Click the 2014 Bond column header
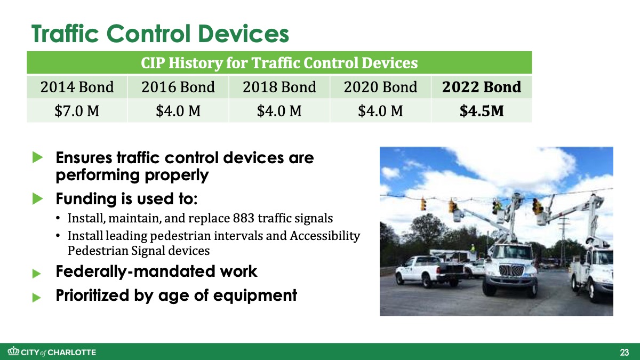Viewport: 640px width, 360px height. tap(77, 87)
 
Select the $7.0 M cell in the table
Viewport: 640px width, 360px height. tap(77, 111)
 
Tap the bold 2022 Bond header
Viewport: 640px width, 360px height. tap(482, 87)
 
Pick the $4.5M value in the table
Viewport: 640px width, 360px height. tap(482, 111)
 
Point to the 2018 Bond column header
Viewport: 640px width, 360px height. tap(279, 87)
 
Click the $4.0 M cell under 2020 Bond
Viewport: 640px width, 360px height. tap(381, 111)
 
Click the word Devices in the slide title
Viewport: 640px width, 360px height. tap(243, 34)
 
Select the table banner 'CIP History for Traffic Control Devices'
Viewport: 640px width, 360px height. tap(279, 63)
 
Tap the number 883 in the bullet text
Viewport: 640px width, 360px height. tap(244, 218)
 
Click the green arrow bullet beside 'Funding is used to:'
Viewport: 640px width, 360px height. tap(37, 198)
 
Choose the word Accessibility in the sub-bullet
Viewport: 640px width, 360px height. tap(325, 236)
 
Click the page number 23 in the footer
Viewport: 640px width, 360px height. tap(625, 353)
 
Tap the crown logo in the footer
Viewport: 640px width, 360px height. tap(13, 351)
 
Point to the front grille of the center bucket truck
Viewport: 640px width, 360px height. tap(511, 270)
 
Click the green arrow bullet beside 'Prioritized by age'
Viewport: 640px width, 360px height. tap(37, 298)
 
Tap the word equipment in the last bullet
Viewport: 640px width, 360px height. tap(255, 295)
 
